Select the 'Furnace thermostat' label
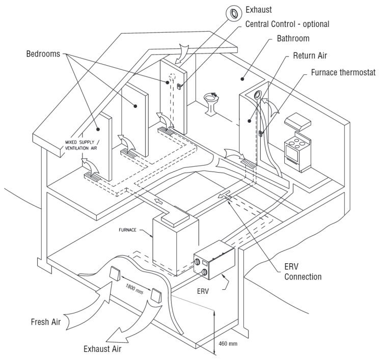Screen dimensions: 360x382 (343, 73)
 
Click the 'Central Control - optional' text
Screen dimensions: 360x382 (288, 24)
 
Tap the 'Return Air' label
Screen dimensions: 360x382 (310, 56)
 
